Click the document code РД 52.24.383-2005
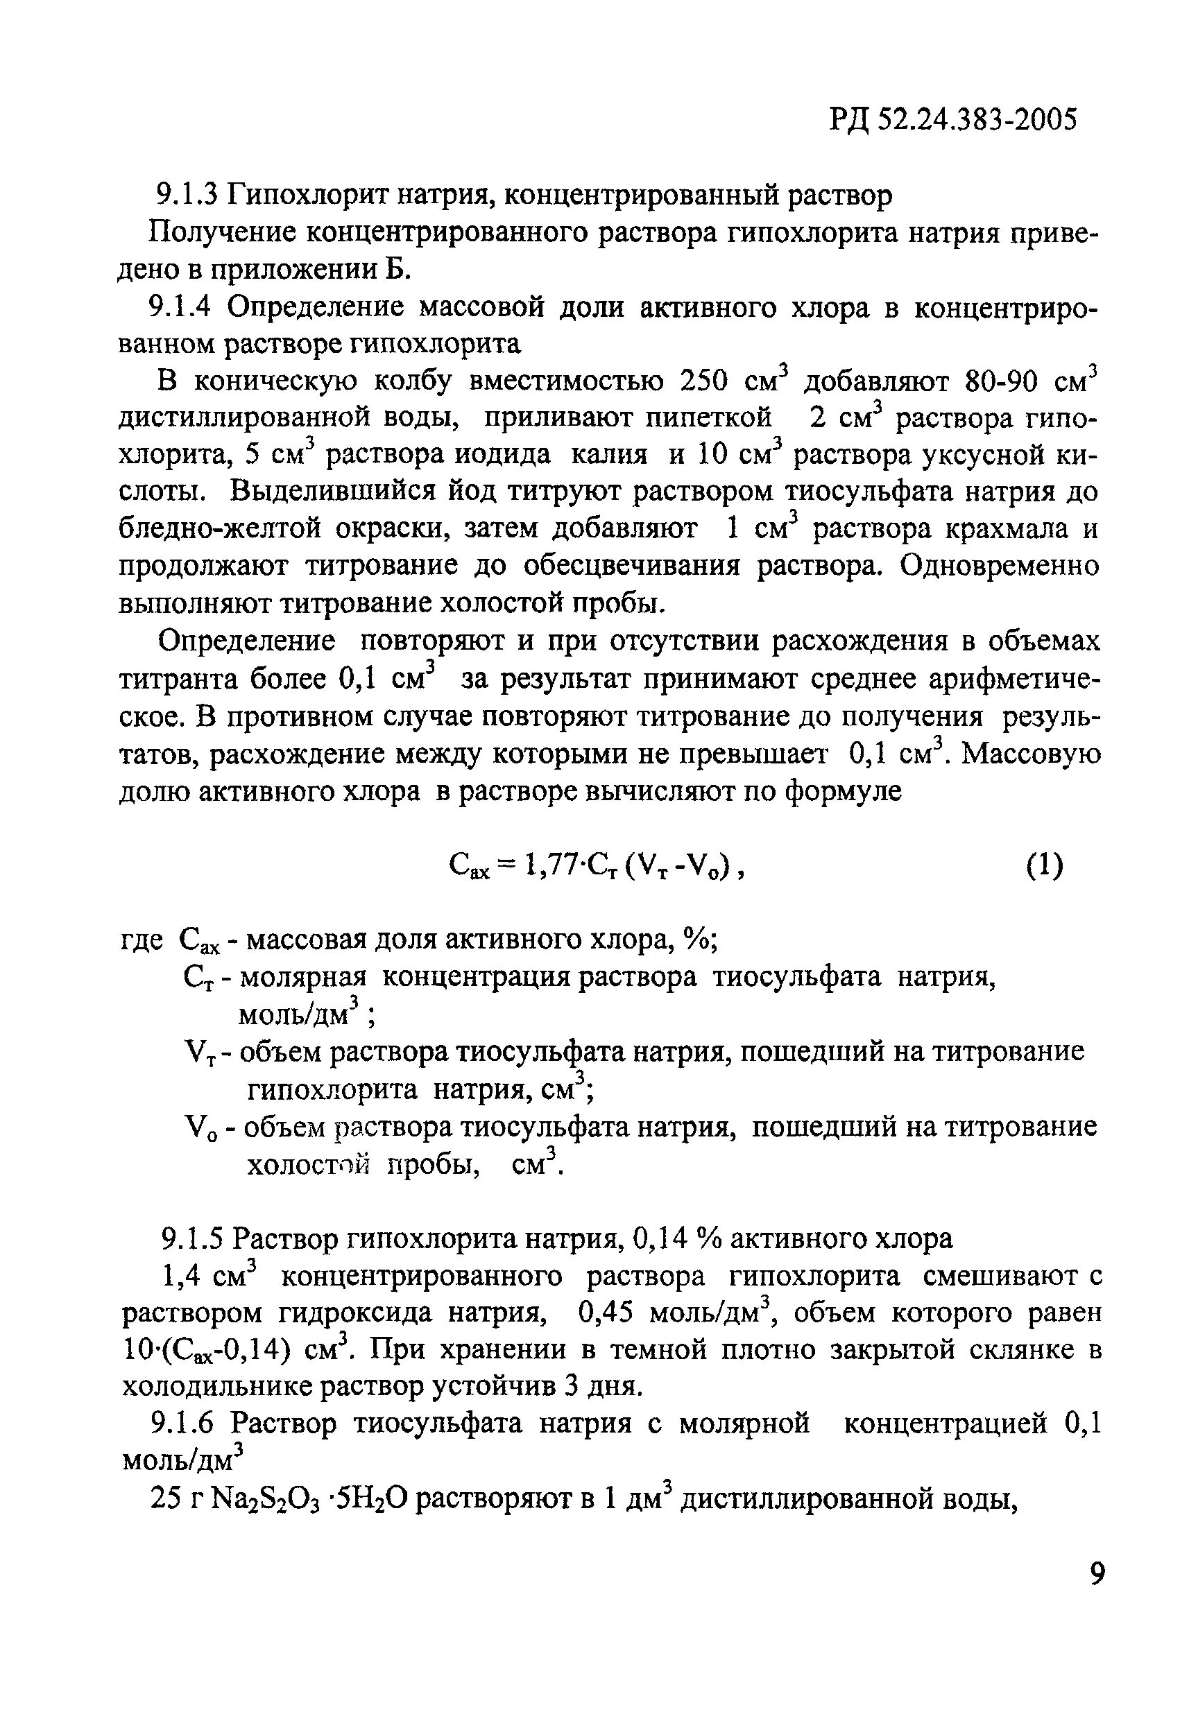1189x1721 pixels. click(953, 120)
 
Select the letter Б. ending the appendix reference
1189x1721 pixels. click(399, 270)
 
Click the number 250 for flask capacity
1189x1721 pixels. click(706, 381)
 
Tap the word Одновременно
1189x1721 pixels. click(999, 567)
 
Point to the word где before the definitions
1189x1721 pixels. click(142, 940)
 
